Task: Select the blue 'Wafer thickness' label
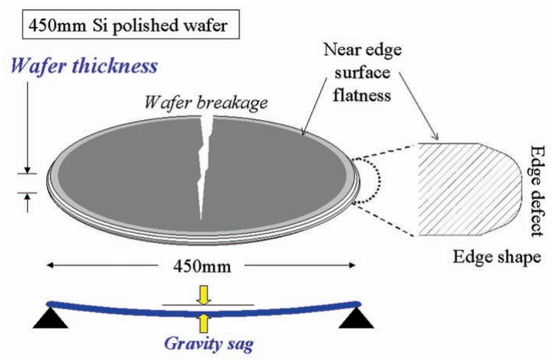click(91, 65)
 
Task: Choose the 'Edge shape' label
click(503, 256)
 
